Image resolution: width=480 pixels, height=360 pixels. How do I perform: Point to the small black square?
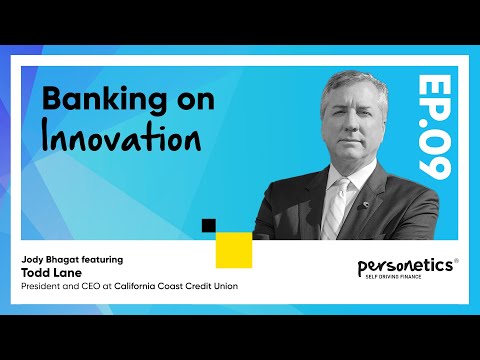pyautogui.click(x=208, y=225)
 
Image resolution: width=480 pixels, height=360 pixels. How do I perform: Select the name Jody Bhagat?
pyautogui.click(x=47, y=259)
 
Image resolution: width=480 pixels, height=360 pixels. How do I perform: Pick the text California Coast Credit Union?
pyautogui.click(x=176, y=285)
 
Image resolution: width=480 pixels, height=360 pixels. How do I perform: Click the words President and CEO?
pyautogui.click(x=59, y=285)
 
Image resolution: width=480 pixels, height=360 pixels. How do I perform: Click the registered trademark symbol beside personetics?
pyautogui.click(x=456, y=262)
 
